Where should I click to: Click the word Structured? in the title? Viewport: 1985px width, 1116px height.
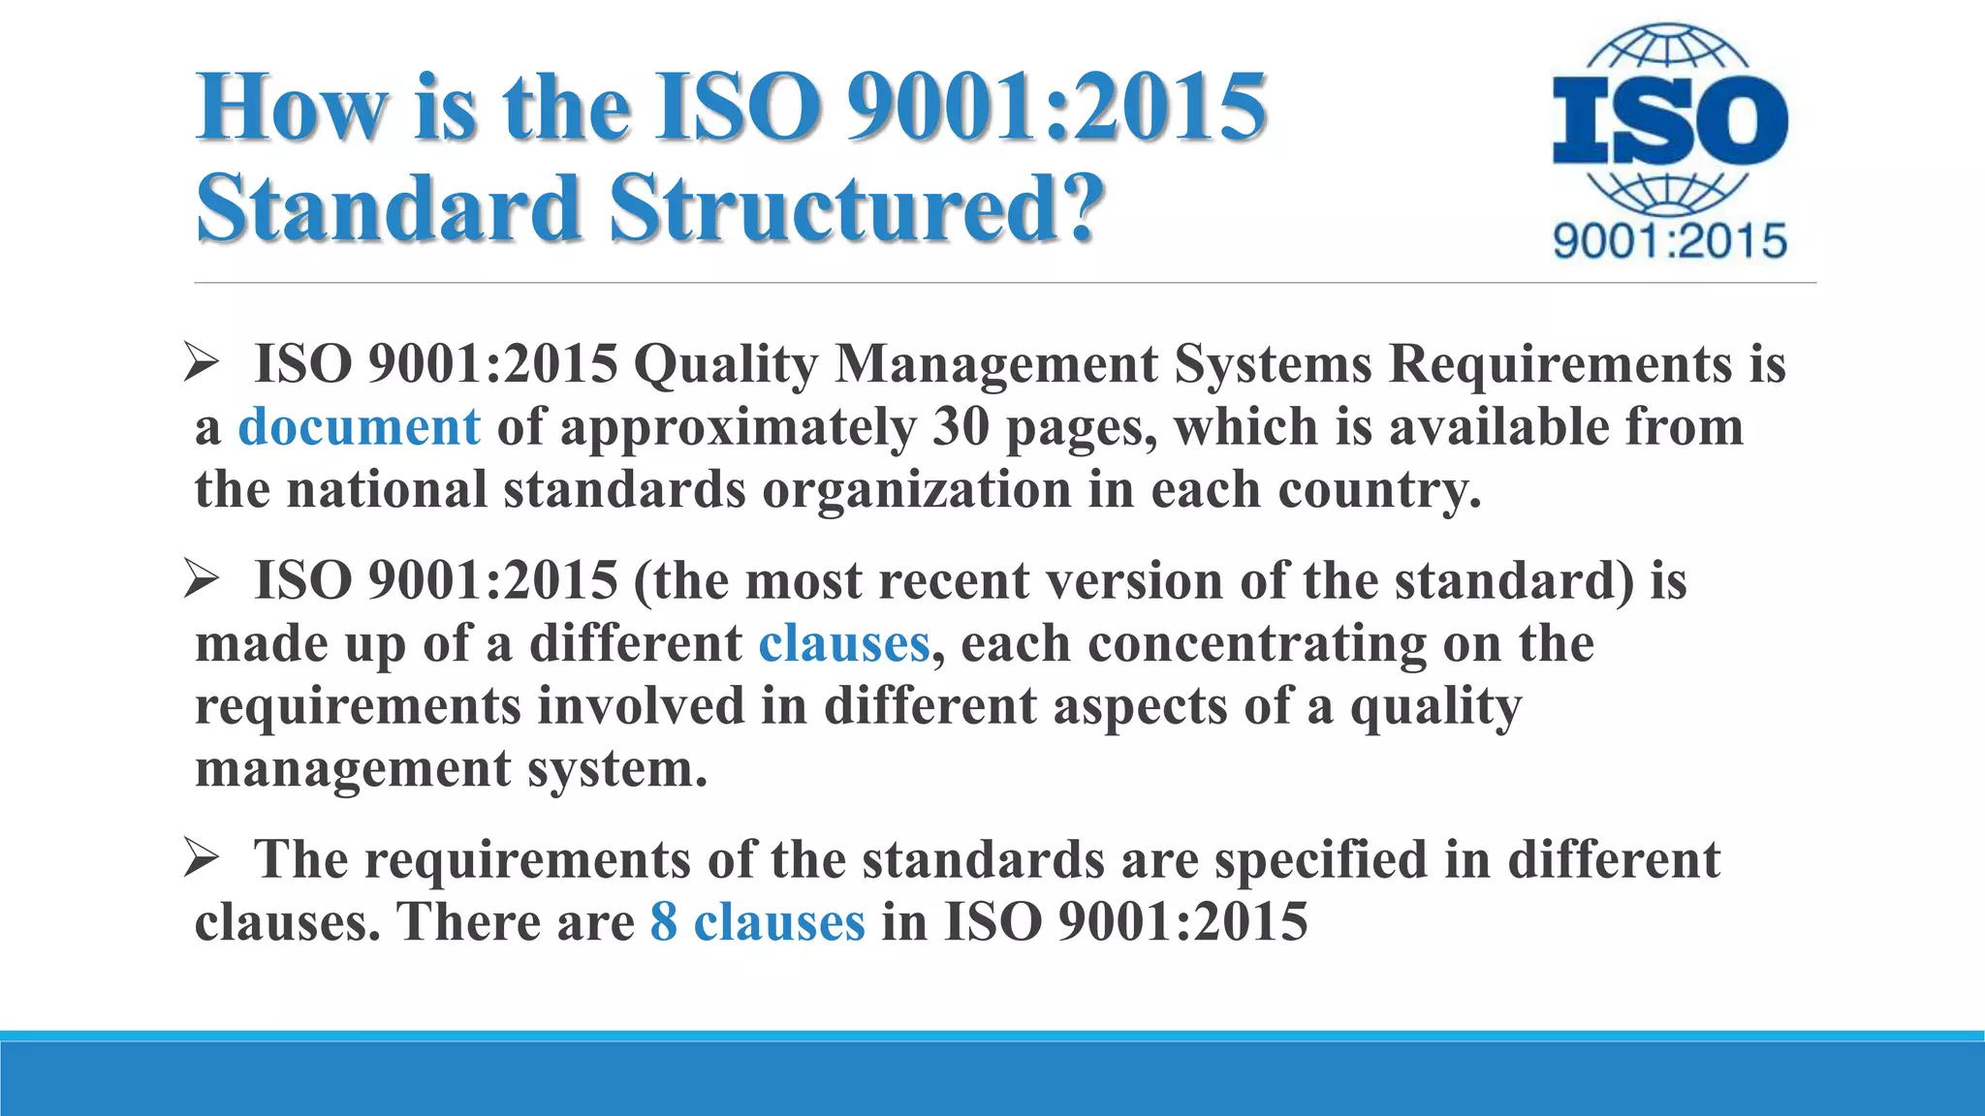pos(858,207)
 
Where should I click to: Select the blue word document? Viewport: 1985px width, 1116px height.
pos(359,427)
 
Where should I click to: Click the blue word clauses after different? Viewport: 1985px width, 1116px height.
pos(843,644)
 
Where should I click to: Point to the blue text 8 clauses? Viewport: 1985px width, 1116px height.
pos(757,921)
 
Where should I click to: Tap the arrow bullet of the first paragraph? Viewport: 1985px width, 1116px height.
pos(203,364)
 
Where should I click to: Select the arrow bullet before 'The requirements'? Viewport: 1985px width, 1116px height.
pos(203,859)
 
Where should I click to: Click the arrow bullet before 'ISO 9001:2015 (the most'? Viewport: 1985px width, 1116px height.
pos(203,581)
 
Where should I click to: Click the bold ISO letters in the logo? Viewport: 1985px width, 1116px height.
pos(1669,122)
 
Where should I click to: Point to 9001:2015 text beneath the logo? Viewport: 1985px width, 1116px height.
pos(1669,240)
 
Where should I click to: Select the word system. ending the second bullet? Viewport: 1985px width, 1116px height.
pos(617,769)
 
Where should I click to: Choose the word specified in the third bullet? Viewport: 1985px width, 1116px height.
pos(1321,859)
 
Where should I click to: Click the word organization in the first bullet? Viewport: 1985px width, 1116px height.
pos(916,489)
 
